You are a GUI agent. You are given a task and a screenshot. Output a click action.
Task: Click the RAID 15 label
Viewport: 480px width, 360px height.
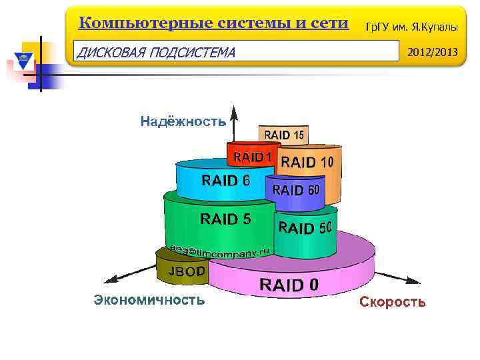pos(284,135)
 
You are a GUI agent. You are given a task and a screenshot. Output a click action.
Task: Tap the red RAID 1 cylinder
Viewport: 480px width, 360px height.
pos(250,157)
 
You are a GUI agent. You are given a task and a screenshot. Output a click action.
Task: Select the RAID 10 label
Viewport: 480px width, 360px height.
pos(307,162)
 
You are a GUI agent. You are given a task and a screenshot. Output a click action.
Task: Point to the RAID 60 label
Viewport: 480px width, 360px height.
pos(296,190)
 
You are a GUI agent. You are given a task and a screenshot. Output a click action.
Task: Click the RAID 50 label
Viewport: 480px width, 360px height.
pos(305,228)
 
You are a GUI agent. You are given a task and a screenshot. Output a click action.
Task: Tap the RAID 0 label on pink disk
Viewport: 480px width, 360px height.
pos(289,285)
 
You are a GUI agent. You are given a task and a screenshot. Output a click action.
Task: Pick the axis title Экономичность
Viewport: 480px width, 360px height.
pos(149,300)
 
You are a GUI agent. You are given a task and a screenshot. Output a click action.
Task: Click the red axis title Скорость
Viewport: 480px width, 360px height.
pos(392,302)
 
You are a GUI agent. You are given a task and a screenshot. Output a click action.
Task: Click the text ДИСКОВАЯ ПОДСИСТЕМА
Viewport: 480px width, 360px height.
pos(156,52)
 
